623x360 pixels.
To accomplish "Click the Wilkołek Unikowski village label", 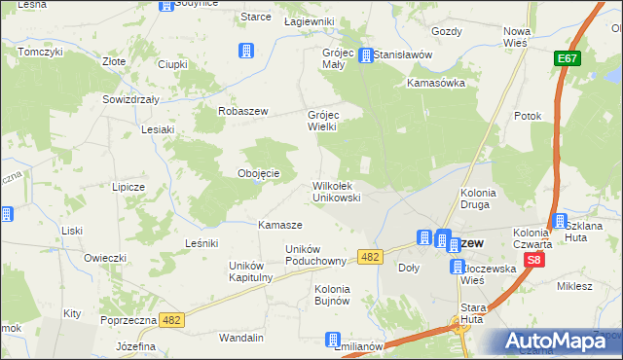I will (336, 191).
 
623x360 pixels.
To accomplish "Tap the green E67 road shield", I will (568, 60).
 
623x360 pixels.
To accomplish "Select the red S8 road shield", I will (533, 261).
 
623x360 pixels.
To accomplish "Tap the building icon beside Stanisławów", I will (366, 55).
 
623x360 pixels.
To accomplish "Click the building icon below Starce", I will (246, 50).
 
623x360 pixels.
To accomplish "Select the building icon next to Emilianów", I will (334, 342).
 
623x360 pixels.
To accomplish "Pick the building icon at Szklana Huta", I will (559, 222).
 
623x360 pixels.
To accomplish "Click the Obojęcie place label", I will (259, 173).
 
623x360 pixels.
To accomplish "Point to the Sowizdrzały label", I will (131, 99).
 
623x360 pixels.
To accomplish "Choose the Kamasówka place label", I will (436, 83).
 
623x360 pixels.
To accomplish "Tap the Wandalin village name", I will (241, 338).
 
